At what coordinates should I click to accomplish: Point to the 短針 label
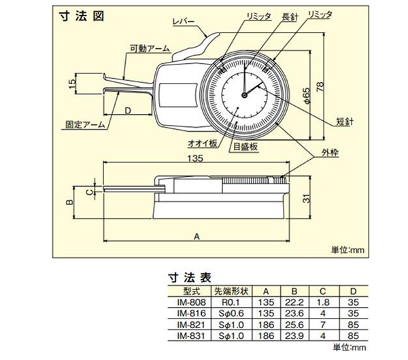point(345,123)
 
